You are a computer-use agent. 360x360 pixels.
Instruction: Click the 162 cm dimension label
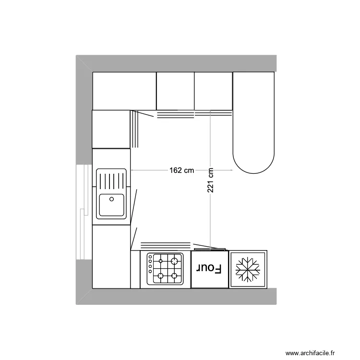click(x=181, y=170)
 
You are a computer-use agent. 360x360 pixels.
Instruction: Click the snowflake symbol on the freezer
click(x=248, y=269)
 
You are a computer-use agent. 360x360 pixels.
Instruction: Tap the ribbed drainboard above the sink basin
click(x=111, y=180)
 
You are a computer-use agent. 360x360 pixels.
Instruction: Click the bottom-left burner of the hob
click(x=159, y=276)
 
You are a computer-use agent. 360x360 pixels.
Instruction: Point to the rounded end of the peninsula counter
click(x=253, y=161)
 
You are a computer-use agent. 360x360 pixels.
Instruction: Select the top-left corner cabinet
click(x=124, y=91)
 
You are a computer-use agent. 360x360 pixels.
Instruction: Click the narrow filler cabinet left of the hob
click(x=135, y=269)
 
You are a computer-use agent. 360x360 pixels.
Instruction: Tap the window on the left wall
click(x=84, y=212)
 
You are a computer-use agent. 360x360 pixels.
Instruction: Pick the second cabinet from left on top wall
click(x=175, y=91)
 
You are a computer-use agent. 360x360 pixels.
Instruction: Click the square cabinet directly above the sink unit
click(x=111, y=129)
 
